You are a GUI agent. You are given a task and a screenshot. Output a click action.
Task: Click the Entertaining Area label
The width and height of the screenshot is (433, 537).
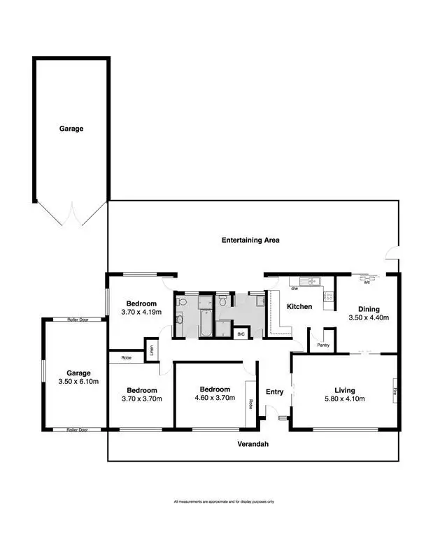250,240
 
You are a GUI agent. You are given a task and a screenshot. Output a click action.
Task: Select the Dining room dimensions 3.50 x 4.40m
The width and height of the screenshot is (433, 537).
368,317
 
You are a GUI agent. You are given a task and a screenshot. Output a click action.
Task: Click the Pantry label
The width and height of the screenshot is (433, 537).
323,345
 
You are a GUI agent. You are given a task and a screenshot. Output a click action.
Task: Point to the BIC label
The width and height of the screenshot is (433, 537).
241,334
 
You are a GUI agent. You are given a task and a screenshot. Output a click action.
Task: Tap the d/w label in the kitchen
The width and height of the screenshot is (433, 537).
294,287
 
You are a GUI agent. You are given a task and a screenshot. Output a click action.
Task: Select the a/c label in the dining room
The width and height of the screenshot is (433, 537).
365,283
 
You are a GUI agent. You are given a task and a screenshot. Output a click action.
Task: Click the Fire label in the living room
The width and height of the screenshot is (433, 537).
395,391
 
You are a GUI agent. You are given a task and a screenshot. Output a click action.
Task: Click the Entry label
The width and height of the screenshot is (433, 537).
275,392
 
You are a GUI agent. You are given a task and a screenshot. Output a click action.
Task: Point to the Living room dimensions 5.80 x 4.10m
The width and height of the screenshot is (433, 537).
345,399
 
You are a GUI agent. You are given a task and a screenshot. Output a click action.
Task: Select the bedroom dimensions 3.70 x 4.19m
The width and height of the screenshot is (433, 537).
141,312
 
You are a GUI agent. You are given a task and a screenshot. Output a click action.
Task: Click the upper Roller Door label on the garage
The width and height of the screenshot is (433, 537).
77,319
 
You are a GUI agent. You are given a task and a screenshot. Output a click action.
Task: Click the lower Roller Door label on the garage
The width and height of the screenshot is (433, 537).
77,429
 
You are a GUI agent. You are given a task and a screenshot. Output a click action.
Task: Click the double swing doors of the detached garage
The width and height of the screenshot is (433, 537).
70,215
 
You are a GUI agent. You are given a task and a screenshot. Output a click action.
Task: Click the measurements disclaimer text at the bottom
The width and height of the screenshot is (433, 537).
223,502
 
